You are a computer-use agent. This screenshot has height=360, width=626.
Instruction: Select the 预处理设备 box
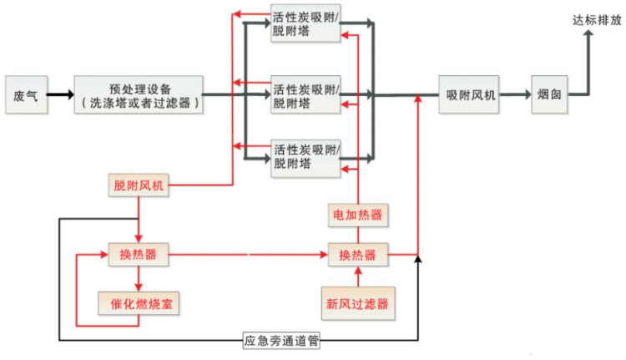[x=139, y=95]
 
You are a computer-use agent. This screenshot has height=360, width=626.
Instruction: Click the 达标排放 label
[x=596, y=21]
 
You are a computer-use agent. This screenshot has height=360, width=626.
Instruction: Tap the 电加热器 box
[x=357, y=215]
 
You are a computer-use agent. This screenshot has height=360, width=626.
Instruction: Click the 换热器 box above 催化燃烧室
[x=138, y=253]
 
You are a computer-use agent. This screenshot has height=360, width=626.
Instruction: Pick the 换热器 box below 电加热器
[x=357, y=253]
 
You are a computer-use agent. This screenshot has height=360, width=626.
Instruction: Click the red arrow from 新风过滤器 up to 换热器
[x=357, y=276]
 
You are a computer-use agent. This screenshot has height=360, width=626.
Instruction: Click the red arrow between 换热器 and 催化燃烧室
[x=139, y=277]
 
